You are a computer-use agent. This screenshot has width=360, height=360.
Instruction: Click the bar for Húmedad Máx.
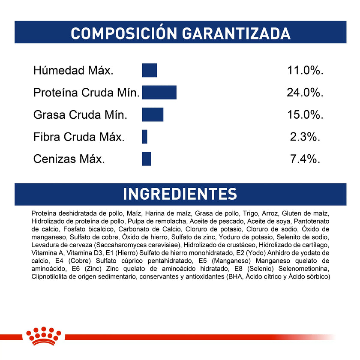pos(150,70)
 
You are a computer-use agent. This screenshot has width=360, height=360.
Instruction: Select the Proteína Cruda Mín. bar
pos(159,93)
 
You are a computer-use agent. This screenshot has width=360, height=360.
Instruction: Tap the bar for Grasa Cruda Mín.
pos(153,114)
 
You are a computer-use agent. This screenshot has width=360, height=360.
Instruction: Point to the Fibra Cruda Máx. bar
pos(145,137)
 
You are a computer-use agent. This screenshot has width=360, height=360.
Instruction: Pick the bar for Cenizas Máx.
pos(147,159)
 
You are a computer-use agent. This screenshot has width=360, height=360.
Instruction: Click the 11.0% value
pos(305,70)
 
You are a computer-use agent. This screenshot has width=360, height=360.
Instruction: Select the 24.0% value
pos(305,93)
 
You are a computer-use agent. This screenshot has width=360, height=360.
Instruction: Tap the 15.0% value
pos(305,115)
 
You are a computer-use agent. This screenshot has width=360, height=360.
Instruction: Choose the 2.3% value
pos(305,137)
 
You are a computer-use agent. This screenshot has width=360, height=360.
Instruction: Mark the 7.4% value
pos(305,159)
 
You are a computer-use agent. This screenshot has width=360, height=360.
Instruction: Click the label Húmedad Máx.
pos(73,71)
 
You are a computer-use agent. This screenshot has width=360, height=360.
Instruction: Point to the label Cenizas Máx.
pos(69,159)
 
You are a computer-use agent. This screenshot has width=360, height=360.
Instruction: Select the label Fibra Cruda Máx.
pos(79,137)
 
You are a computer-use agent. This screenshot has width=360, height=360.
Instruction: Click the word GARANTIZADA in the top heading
pos(228,33)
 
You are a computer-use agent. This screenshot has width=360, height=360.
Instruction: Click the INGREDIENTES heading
pos(180,194)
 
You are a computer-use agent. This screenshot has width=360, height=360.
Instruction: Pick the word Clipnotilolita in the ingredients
pos(50,277)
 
